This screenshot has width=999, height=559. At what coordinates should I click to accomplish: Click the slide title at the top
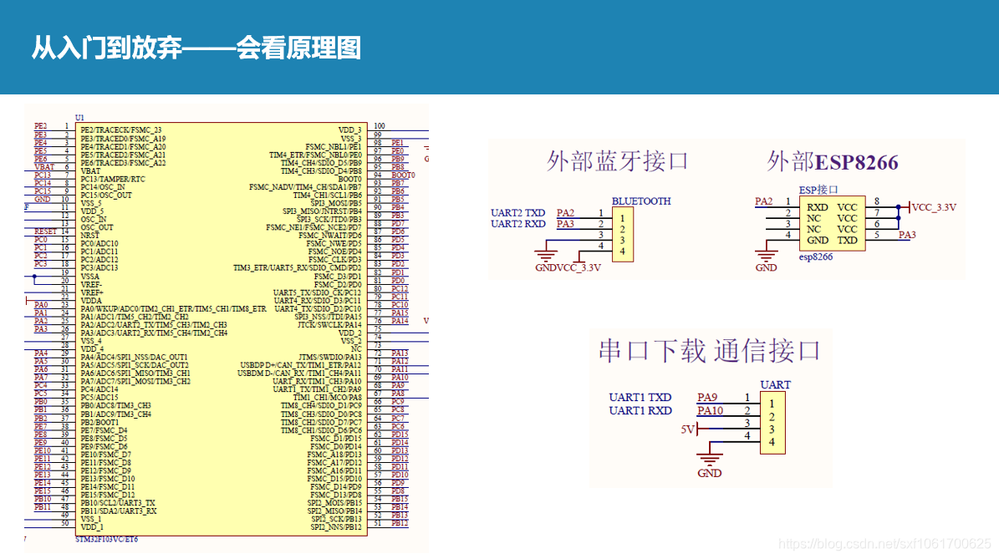196,48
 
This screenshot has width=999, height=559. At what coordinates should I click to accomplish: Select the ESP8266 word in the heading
857,161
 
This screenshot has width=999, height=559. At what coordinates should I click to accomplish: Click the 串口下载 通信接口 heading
709,351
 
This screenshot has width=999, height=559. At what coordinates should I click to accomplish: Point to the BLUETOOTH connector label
641,201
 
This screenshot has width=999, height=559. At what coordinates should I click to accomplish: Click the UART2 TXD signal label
518,214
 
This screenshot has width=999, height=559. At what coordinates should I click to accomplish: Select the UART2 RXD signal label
518,224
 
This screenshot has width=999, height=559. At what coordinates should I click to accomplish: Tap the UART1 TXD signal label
640,398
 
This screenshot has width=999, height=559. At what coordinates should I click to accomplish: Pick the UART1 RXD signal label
640,410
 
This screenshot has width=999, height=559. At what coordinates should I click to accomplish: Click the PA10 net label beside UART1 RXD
710,410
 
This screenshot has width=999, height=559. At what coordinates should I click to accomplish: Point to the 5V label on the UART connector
688,429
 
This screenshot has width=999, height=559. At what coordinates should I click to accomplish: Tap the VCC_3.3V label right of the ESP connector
934,207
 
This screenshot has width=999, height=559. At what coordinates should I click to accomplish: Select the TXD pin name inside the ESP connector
847,241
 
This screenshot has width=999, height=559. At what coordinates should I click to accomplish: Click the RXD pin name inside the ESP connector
817,207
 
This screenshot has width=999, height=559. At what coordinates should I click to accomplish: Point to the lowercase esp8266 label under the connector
816,257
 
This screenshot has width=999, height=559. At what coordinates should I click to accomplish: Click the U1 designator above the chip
79,117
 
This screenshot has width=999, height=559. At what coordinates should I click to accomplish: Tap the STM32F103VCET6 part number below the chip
107,539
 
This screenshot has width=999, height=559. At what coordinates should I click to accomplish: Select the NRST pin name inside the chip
89,236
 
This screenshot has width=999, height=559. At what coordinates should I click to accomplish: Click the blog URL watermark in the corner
884,544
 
